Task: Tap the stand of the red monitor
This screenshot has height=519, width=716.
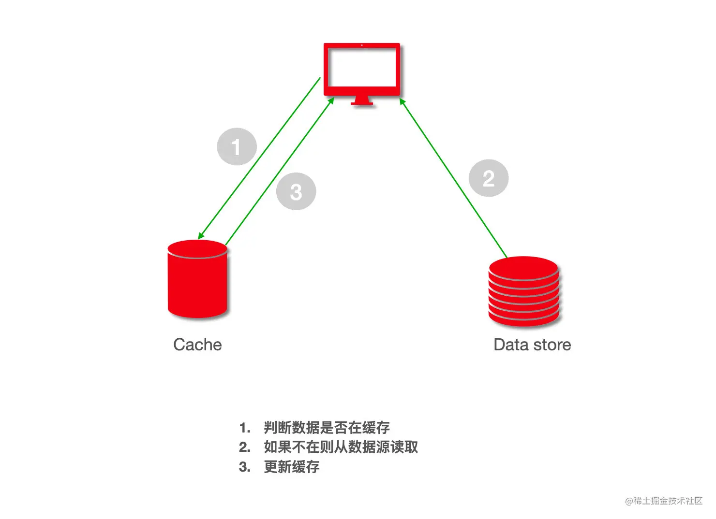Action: (x=362, y=101)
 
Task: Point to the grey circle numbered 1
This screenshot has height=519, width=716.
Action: (x=237, y=147)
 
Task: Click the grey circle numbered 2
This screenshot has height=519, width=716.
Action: (x=489, y=178)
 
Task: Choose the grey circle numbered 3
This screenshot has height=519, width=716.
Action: (x=296, y=191)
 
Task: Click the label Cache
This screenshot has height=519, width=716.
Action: (x=197, y=345)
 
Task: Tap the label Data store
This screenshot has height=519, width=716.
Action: (x=532, y=345)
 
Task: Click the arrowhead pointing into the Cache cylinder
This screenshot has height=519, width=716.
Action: (x=200, y=236)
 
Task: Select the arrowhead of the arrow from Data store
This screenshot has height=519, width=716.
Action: (x=402, y=101)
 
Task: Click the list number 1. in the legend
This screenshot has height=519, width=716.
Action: (x=245, y=428)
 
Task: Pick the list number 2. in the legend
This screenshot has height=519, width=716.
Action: (x=245, y=447)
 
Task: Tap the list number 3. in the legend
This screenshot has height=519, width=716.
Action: (x=245, y=467)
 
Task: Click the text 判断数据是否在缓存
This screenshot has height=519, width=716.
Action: (x=327, y=428)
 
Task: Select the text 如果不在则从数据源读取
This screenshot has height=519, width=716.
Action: (x=341, y=447)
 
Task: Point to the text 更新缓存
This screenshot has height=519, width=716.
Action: (x=292, y=467)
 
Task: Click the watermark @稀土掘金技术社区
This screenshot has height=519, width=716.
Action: (x=663, y=501)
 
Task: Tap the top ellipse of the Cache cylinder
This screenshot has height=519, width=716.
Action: (x=197, y=249)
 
